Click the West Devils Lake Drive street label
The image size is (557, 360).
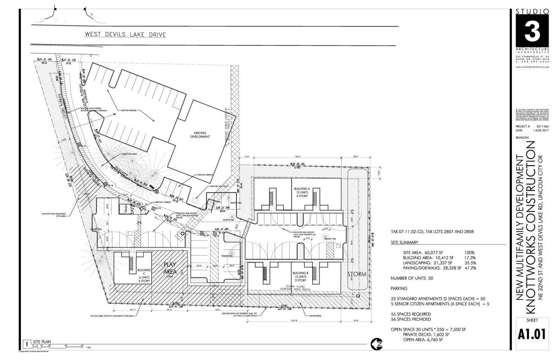point(125,34)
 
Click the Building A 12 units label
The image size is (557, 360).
point(300,192)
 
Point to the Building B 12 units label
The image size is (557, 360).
point(300,276)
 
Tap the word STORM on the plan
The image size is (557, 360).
point(357,274)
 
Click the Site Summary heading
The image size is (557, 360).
point(405,243)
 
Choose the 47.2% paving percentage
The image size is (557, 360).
point(470,268)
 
